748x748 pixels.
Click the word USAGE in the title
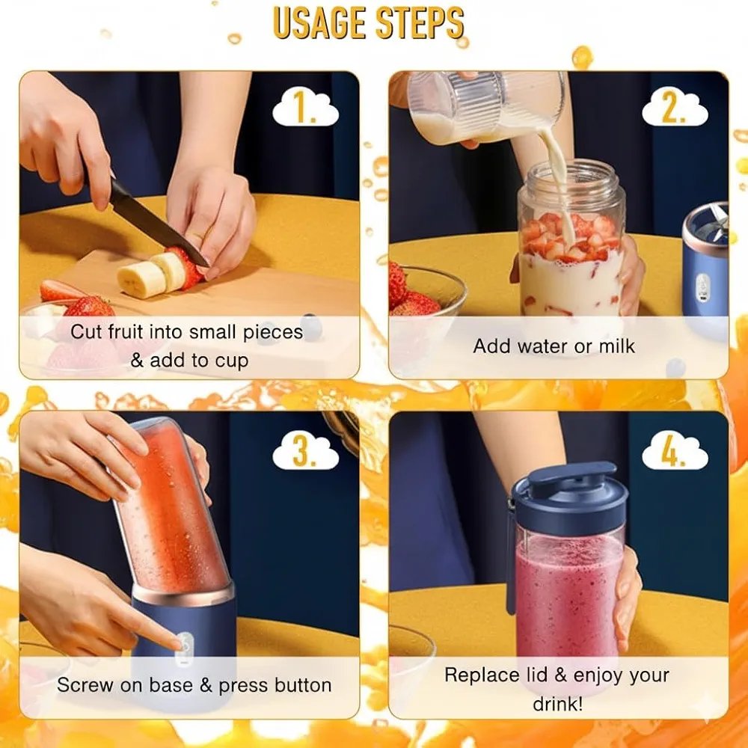(x=319, y=23)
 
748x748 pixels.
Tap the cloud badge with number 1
(x=305, y=109)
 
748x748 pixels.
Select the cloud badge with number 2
(x=674, y=109)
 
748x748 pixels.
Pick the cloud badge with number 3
(x=305, y=452)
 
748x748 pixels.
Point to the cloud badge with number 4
(x=674, y=452)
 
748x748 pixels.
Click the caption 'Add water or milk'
(x=554, y=346)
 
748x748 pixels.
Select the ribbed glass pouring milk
(x=486, y=107)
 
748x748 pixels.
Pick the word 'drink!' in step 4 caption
(x=558, y=704)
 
